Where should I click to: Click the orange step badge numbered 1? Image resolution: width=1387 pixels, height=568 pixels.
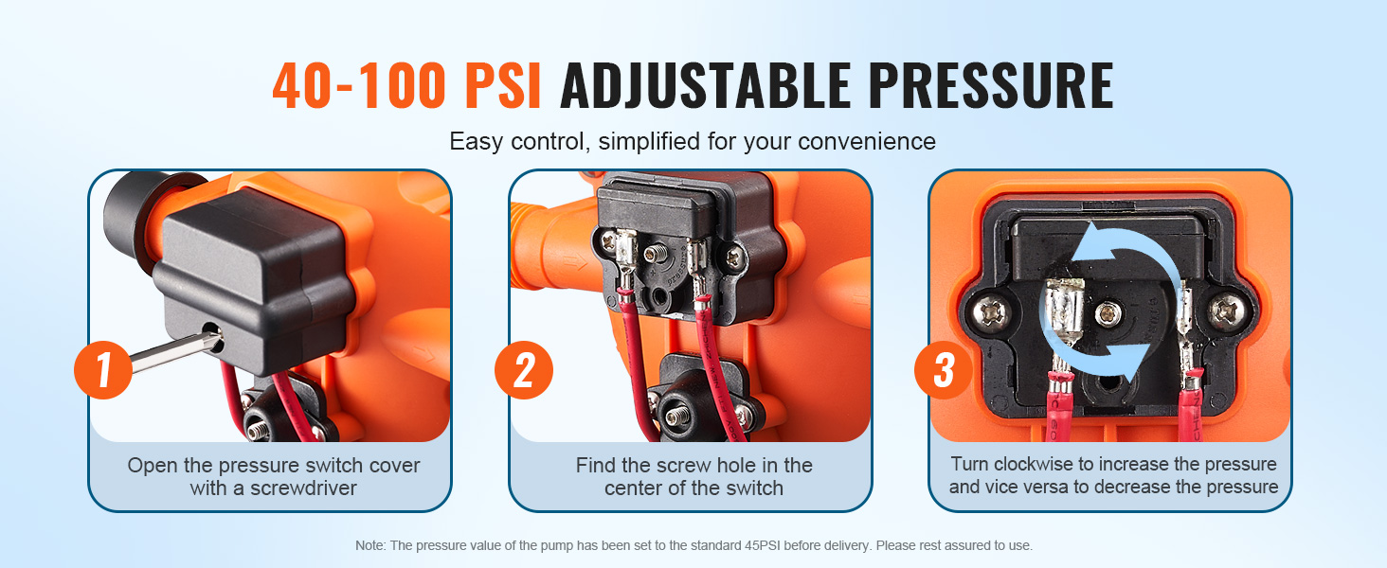(x=102, y=370)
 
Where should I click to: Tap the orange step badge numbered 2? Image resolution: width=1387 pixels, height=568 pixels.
(x=524, y=370)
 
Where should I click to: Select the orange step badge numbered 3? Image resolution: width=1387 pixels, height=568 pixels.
(x=944, y=370)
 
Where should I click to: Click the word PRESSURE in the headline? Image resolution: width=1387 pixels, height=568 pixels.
(x=991, y=85)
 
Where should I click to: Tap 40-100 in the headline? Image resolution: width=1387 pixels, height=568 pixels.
(x=359, y=85)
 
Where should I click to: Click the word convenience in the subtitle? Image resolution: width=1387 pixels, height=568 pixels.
(x=866, y=142)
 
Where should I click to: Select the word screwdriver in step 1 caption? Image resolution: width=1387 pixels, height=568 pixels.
(x=303, y=488)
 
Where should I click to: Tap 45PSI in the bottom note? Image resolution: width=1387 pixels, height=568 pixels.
(x=764, y=545)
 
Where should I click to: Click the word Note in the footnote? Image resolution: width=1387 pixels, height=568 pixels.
(x=370, y=545)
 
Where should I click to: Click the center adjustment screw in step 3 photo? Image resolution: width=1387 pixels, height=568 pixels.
(x=1108, y=314)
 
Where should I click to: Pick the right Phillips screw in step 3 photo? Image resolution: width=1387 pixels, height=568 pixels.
(x=1227, y=311)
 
